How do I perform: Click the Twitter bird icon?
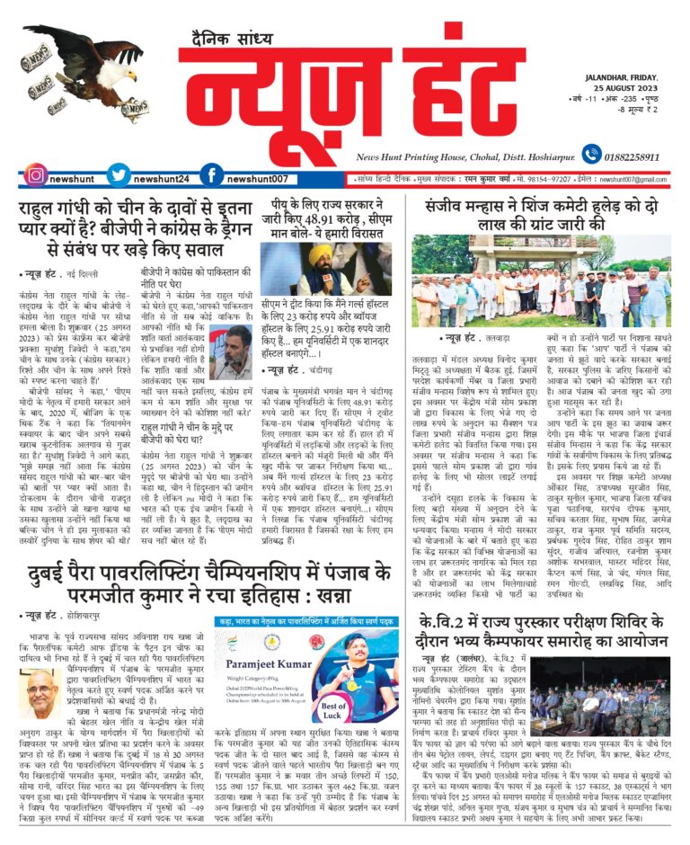[x=119, y=175]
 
